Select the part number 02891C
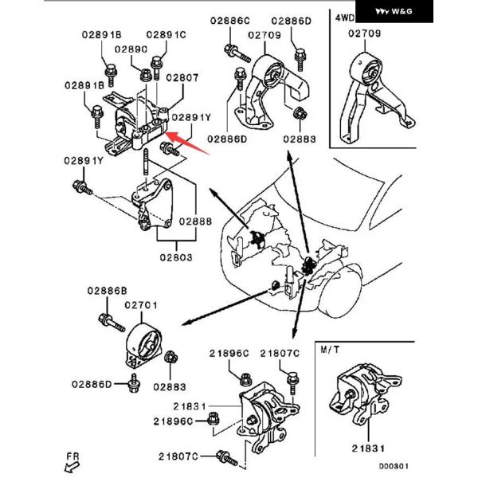tap(166, 35)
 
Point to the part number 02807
tap(182, 77)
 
